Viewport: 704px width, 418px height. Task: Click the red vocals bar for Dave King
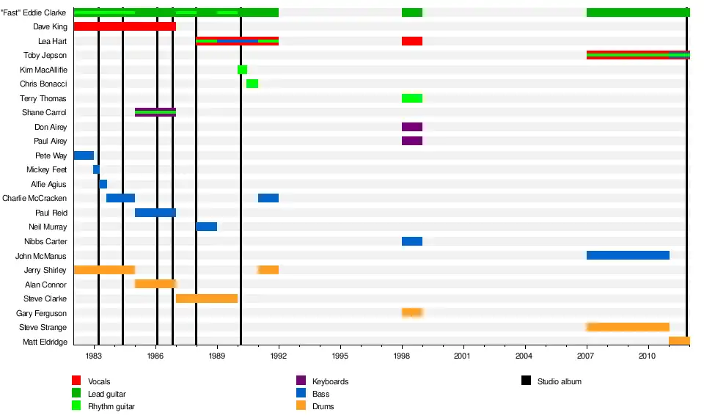point(125,26)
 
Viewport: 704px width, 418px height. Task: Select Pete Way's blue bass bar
point(84,155)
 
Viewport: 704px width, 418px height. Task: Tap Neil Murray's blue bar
point(206,227)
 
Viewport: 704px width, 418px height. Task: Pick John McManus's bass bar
point(628,255)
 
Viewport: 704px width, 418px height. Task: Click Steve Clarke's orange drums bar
point(207,298)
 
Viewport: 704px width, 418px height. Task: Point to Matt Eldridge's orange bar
point(679,341)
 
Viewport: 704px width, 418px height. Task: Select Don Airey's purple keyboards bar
point(412,127)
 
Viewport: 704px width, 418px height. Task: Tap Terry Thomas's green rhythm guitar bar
point(412,98)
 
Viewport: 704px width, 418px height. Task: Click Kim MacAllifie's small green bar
point(242,70)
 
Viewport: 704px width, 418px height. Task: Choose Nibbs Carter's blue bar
point(412,241)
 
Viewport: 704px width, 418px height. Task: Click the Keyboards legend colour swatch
point(301,381)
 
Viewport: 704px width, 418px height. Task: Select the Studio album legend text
point(559,381)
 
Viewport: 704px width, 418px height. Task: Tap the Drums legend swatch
point(301,406)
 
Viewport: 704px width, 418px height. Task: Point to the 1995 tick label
point(340,356)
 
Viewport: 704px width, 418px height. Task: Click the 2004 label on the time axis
point(524,356)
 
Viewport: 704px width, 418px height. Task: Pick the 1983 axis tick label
point(94,356)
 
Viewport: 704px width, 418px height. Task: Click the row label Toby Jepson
point(45,55)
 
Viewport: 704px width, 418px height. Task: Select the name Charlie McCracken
point(34,198)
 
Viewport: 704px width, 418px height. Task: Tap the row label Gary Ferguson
point(41,313)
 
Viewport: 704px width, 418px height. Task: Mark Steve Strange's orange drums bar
point(628,327)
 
